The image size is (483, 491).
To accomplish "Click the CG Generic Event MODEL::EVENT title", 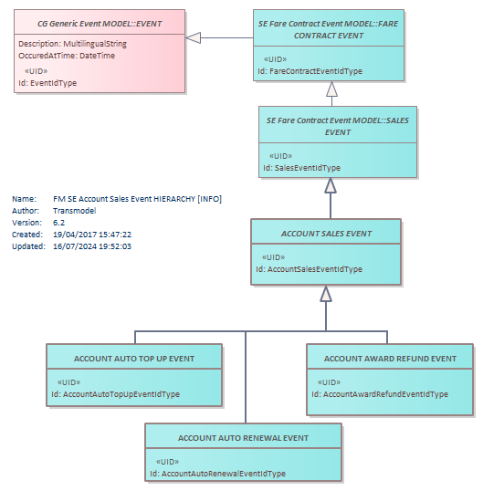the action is click(100, 24).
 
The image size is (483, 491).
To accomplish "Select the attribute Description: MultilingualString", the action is click(72, 44).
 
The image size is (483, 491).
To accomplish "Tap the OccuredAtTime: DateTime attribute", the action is click(67, 56).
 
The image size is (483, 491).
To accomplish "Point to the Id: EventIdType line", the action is click(47, 83).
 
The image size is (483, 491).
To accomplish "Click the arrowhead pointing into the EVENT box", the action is click(193, 38).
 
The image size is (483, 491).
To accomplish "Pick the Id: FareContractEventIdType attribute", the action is click(310, 71).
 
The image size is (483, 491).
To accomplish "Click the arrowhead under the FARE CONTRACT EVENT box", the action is click(331, 89).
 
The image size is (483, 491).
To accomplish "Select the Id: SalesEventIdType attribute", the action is click(301, 168).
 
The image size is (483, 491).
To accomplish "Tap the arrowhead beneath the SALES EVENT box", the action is click(331, 185).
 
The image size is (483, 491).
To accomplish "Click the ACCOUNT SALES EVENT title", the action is click(326, 234).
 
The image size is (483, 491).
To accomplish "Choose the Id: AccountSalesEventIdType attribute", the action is click(309, 269).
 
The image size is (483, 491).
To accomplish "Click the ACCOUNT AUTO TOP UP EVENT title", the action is click(134, 359).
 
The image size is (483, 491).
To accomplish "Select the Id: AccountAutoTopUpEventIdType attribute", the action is click(116, 394).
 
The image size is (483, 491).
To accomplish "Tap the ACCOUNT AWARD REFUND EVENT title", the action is click(390, 359).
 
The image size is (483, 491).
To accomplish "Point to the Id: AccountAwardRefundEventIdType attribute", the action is click(380, 394).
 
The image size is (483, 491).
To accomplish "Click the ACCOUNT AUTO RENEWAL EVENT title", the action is click(243, 438).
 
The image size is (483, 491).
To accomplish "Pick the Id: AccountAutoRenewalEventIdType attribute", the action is click(217, 474).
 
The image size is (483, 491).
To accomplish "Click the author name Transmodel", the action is click(75, 211).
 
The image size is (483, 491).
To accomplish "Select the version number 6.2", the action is click(58, 223).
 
